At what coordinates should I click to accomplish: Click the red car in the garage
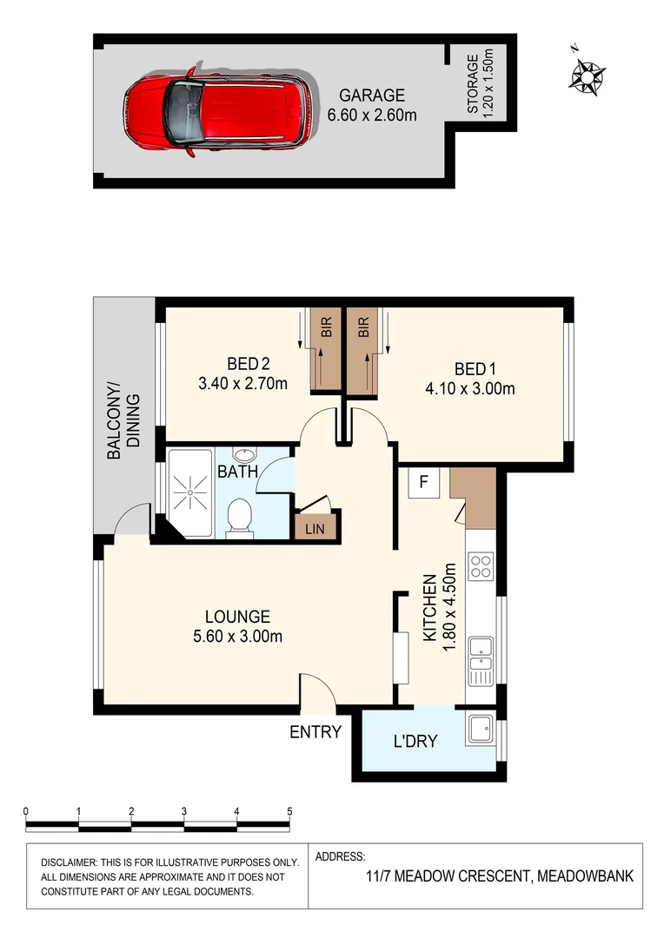(213, 109)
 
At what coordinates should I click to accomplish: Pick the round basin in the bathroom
(245, 455)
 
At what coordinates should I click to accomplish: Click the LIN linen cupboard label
(314, 527)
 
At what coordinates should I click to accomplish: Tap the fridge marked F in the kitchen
(424, 483)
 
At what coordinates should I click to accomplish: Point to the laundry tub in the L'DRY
(480, 728)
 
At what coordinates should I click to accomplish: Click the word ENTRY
(315, 732)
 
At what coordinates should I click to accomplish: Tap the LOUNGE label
(237, 617)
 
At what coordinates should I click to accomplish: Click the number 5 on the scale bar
(289, 811)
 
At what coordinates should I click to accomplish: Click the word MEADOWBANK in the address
(585, 876)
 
